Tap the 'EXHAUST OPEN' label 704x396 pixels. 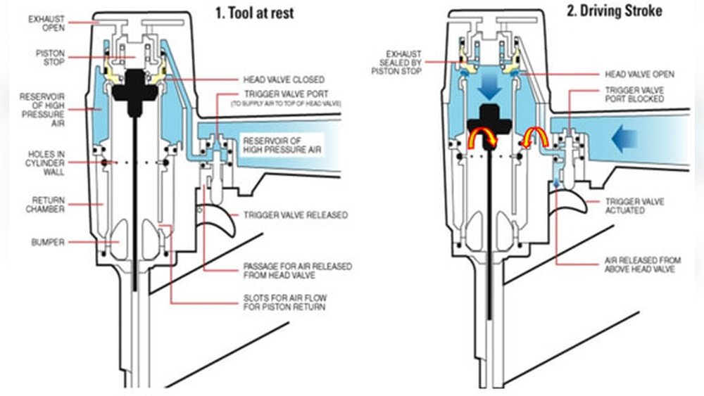(47, 23)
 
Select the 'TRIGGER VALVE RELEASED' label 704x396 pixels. (295, 215)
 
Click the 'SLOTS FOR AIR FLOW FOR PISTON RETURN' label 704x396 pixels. (284, 303)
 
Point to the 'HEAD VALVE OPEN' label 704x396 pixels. (639, 74)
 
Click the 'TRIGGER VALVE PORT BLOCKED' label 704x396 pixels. (634, 95)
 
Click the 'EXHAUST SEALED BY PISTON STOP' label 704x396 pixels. (401, 63)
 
